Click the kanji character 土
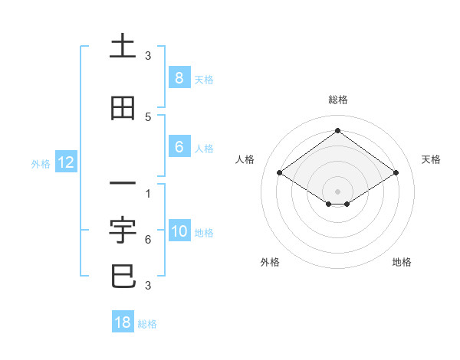click(x=123, y=47)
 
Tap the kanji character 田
click(x=123, y=109)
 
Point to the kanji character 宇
click(x=123, y=229)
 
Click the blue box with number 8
click(x=179, y=77)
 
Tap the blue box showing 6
click(x=179, y=147)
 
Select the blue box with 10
click(x=179, y=231)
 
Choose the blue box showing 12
click(x=66, y=162)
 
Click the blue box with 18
click(x=123, y=322)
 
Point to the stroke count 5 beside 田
click(x=148, y=116)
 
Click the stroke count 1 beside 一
click(x=148, y=192)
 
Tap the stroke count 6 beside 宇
click(x=148, y=240)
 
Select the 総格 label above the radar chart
click(x=338, y=100)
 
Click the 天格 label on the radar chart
click(x=431, y=159)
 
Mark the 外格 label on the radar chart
click(x=270, y=262)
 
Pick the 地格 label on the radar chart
click(x=402, y=262)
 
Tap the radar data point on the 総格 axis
click(x=337, y=130)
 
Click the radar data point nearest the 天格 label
click(x=396, y=173)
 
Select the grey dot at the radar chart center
click(x=337, y=191)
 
